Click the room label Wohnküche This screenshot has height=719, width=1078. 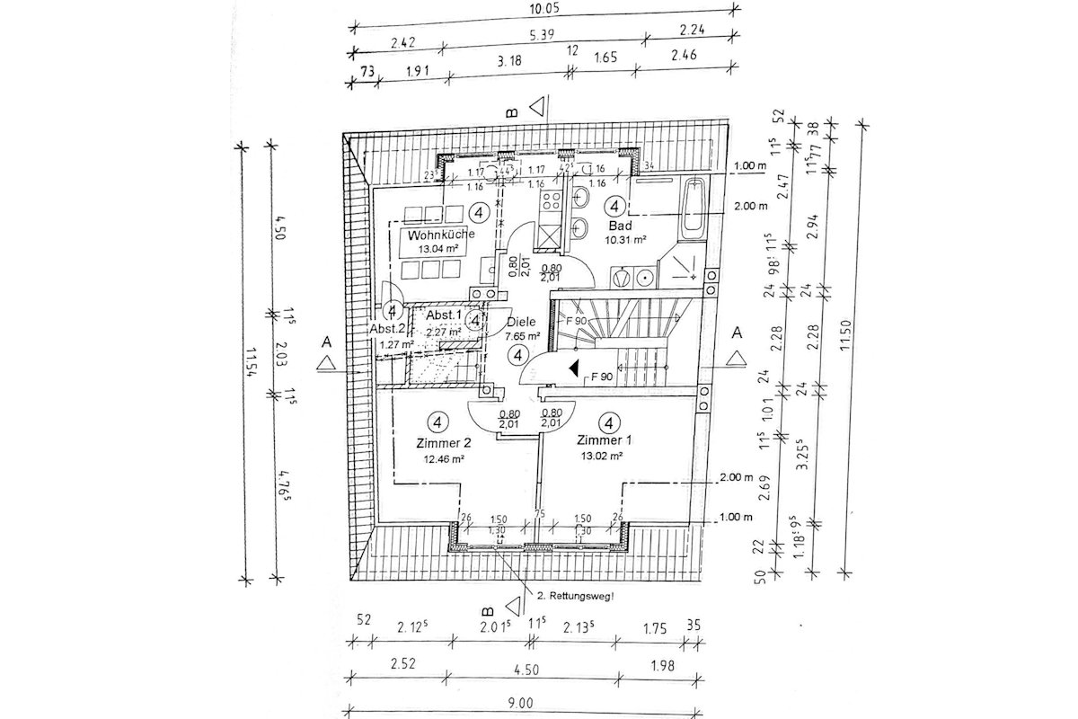(x=436, y=235)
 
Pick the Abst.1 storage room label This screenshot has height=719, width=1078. (x=444, y=315)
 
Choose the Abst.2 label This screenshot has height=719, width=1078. (x=390, y=329)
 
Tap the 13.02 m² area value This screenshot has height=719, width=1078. (x=602, y=456)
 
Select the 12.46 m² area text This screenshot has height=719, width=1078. (x=443, y=457)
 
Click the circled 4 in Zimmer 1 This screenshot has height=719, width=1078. (x=610, y=422)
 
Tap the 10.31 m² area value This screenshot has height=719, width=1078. (x=627, y=240)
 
